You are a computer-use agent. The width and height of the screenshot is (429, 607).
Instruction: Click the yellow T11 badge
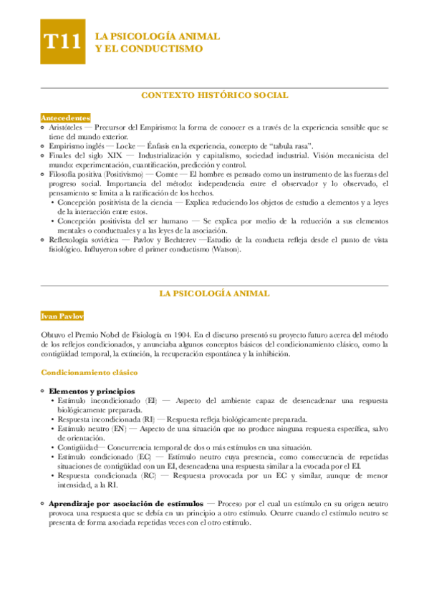pyautogui.click(x=62, y=43)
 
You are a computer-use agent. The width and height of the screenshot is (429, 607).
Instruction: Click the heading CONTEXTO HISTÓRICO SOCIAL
pyautogui.click(x=214, y=95)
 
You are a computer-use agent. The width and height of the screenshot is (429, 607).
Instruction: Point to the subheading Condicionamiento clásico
pyautogui.click(x=90, y=372)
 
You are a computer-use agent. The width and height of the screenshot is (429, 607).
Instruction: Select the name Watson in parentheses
pyautogui.click(x=223, y=250)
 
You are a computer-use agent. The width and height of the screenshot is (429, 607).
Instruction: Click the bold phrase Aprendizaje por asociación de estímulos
pyautogui.click(x=122, y=503)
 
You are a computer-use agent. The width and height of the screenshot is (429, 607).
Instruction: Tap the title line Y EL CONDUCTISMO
pyautogui.click(x=149, y=49)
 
